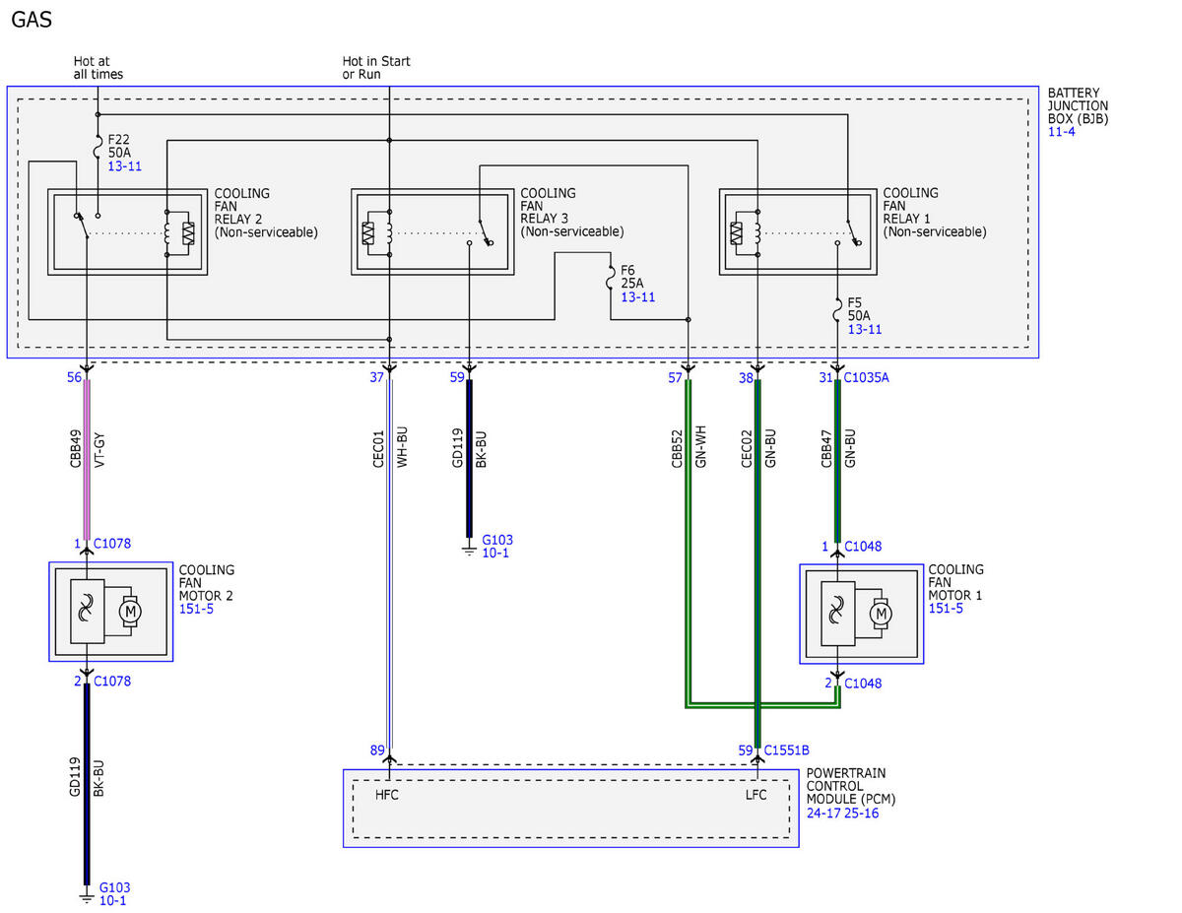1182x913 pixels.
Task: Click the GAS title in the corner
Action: [x=32, y=20]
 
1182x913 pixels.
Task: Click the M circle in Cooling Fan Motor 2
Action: [x=130, y=612]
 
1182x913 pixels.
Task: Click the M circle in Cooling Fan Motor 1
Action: [x=881, y=614]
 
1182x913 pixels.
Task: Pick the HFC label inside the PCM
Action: [x=387, y=795]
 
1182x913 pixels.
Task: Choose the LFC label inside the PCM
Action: [x=755, y=795]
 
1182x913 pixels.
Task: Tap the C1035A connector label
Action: [x=866, y=377]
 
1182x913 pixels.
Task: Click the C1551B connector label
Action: [x=787, y=750]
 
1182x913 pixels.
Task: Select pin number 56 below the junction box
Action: [x=74, y=377]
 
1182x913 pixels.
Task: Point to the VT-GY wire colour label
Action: [x=99, y=450]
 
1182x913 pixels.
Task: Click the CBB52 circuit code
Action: [x=676, y=449]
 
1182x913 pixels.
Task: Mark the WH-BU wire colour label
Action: [x=402, y=447]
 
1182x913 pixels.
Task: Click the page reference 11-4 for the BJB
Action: [x=1061, y=132]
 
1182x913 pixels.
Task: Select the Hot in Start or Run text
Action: [x=376, y=67]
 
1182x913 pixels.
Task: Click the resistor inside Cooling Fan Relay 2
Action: [x=188, y=233]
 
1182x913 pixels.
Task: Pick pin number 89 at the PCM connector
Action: [x=377, y=750]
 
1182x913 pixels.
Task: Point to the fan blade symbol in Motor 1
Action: [x=836, y=614]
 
